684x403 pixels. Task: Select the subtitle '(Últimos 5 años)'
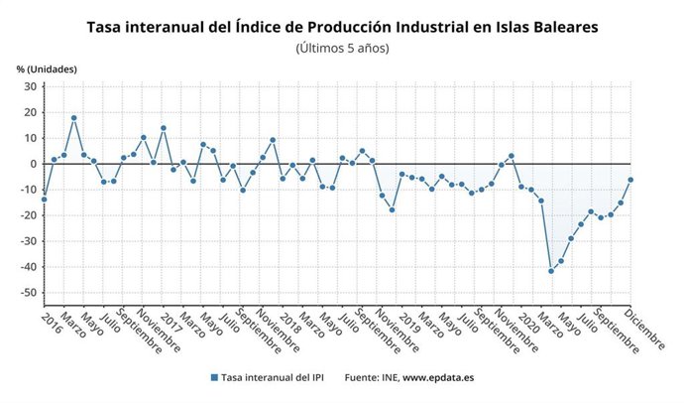click(342, 48)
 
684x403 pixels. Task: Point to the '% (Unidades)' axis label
click(46, 68)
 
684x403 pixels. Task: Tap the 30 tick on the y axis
click(30, 86)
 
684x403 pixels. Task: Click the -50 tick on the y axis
click(27, 293)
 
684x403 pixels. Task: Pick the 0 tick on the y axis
click(33, 164)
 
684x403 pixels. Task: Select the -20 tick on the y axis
click(27, 215)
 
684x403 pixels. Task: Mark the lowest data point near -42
click(551, 271)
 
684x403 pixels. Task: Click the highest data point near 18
click(73, 118)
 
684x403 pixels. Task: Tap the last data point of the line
click(630, 180)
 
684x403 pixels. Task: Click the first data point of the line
click(44, 200)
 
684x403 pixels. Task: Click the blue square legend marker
click(214, 378)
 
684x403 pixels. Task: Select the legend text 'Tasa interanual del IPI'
click(275, 378)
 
